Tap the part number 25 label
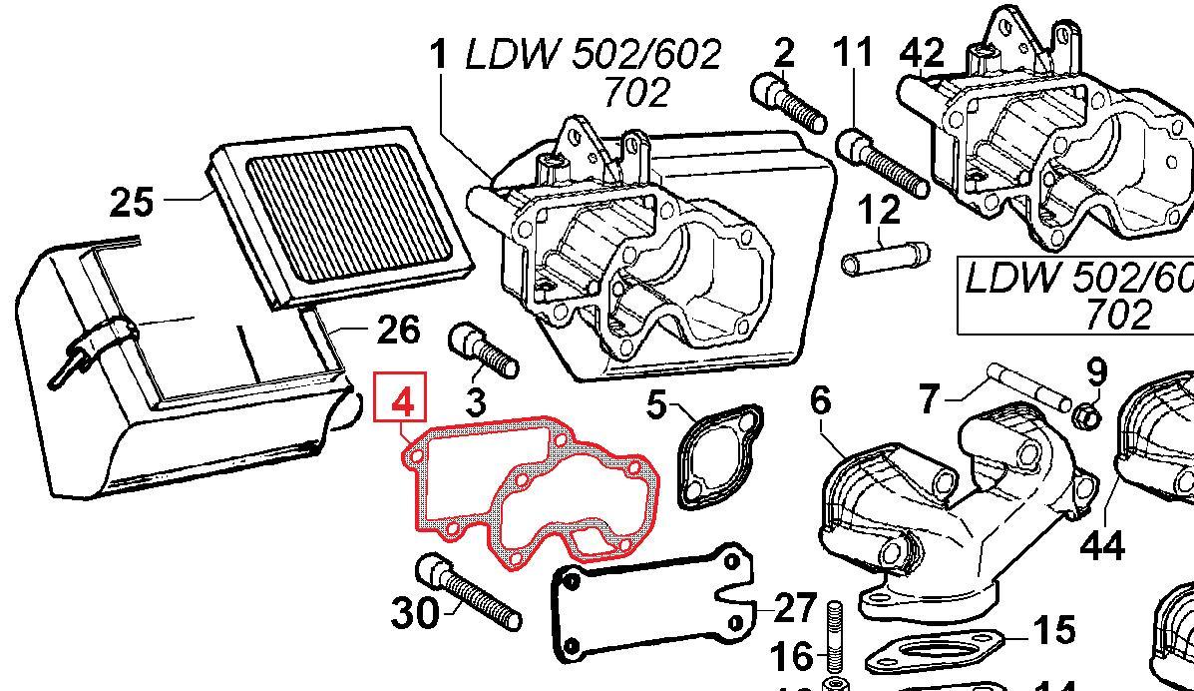pos(132,203)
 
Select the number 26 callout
pos(397,330)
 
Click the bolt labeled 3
pos(482,349)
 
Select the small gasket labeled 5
pos(717,454)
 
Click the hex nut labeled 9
pos(1090,414)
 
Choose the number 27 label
pos(796,608)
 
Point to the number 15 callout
pos(1054,630)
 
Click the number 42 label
pos(922,53)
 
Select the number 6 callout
pos(820,400)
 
